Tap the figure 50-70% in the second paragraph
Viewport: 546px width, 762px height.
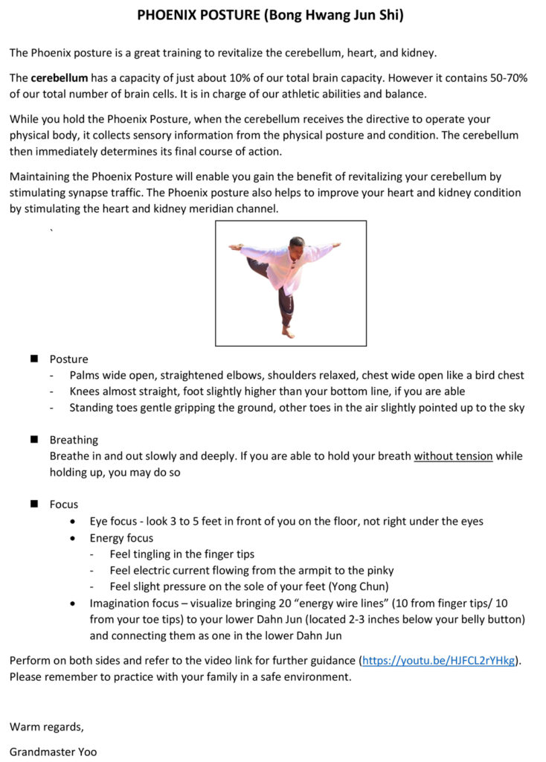[x=506, y=78]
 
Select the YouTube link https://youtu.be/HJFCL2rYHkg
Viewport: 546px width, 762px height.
[x=438, y=660]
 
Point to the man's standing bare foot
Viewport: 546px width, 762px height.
[x=287, y=333]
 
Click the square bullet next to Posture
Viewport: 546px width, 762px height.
[x=34, y=359]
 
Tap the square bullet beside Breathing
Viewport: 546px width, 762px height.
[x=34, y=440]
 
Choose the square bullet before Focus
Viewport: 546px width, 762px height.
[x=34, y=504]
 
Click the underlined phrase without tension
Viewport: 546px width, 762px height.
[x=453, y=456]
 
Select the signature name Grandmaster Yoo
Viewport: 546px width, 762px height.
[x=53, y=752]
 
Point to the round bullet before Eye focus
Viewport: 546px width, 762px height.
[x=73, y=521]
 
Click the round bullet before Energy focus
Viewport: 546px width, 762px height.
[x=73, y=537]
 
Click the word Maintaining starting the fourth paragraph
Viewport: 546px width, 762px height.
[x=39, y=176]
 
